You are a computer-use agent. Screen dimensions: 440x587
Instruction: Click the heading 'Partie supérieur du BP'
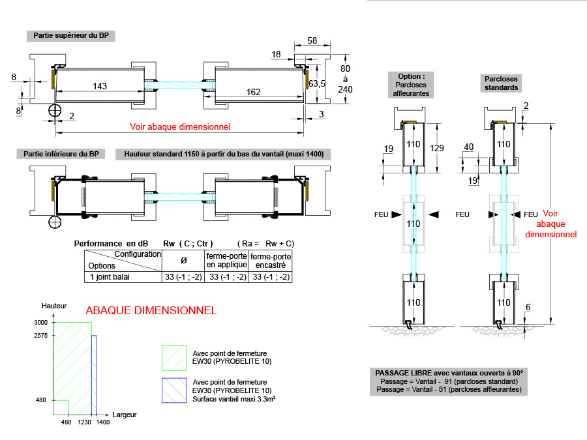71,35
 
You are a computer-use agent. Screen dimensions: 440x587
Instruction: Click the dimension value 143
100,86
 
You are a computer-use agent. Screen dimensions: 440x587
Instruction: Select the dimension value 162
254,93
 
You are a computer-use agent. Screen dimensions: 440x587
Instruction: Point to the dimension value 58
312,40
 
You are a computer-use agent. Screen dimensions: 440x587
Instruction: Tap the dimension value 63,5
317,83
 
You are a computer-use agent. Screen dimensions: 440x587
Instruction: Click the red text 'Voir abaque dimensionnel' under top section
181,126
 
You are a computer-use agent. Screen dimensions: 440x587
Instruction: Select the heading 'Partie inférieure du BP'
61,154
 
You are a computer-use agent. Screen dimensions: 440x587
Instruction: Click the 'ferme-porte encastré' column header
271,261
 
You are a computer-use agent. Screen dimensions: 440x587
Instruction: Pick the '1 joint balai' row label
110,277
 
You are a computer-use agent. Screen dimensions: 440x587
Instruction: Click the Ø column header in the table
183,260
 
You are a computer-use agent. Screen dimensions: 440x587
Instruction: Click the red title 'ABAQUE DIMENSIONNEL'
151,311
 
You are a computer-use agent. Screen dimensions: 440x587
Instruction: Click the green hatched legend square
173,358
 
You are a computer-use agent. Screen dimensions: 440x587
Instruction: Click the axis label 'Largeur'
124,415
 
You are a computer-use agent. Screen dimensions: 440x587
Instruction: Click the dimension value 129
437,149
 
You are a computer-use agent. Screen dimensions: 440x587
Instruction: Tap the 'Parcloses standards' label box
502,82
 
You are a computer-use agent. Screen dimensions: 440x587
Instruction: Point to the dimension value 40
468,147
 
